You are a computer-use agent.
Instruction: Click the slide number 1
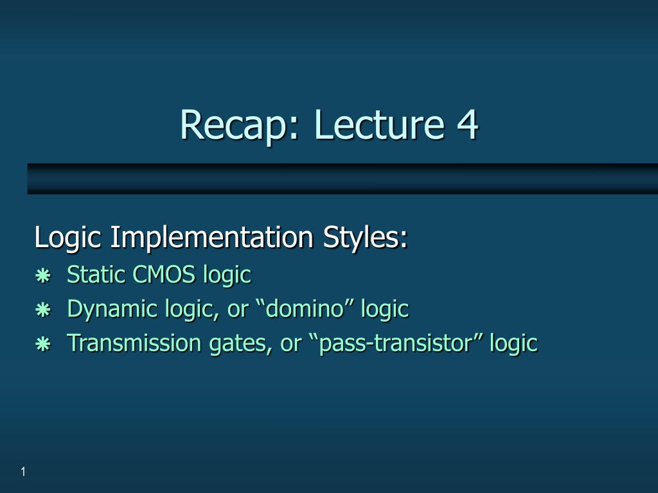coord(23,472)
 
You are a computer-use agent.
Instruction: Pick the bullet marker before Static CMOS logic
coord(43,276)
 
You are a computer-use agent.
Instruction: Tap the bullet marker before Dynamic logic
coord(43,310)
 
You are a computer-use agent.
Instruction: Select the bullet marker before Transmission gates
coord(43,345)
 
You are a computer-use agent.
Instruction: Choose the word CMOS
coord(164,275)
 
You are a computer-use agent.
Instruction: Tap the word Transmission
coord(134,343)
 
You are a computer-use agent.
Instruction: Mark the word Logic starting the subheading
coord(67,238)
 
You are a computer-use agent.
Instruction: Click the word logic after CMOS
coord(227,276)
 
